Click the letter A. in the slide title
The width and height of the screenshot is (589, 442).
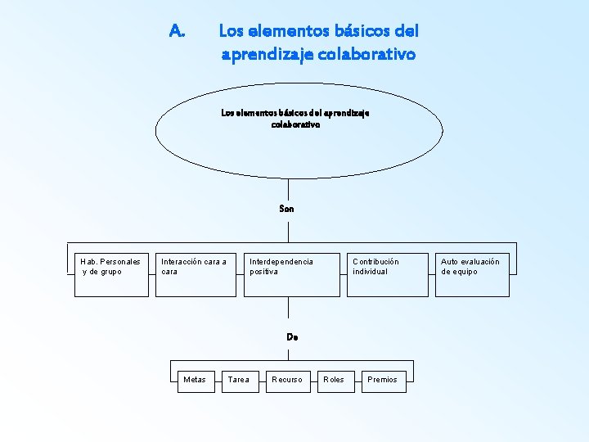tap(178, 32)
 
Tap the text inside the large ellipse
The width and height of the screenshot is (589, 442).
tap(294, 120)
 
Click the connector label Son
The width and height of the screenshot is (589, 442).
tap(286, 209)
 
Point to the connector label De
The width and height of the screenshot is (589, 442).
tap(292, 336)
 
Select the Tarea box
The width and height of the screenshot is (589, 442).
tap(239, 379)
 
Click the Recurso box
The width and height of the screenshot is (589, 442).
tap(288, 379)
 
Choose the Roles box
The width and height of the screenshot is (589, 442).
tap(335, 379)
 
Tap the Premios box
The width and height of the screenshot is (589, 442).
tap(383, 379)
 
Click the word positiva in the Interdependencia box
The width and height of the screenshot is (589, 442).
tap(263, 272)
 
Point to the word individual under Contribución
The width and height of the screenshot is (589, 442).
tap(371, 272)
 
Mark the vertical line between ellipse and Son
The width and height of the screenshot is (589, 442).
tap(287, 189)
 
